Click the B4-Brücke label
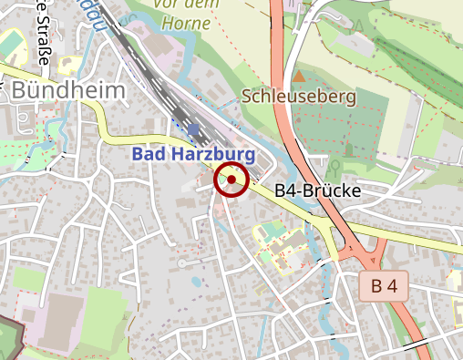tap(318, 190)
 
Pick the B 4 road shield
tap(386, 286)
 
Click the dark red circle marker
tap(231, 180)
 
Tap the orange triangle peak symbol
tap(298, 76)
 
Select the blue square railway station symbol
tap(192, 129)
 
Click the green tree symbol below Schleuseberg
tap(334, 167)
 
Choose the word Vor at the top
tap(168, 4)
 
